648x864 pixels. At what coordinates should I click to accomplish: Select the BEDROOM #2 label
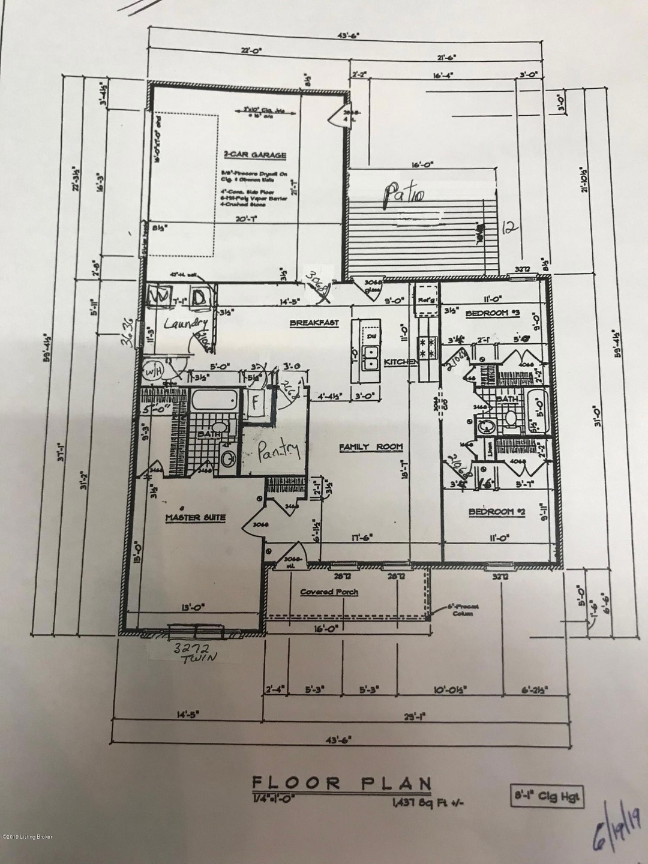coord(497,512)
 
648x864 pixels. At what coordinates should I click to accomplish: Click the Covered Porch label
coord(329,592)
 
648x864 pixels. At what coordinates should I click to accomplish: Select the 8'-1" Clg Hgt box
coord(546,797)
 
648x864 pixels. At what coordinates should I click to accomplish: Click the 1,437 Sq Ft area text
coord(416,802)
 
